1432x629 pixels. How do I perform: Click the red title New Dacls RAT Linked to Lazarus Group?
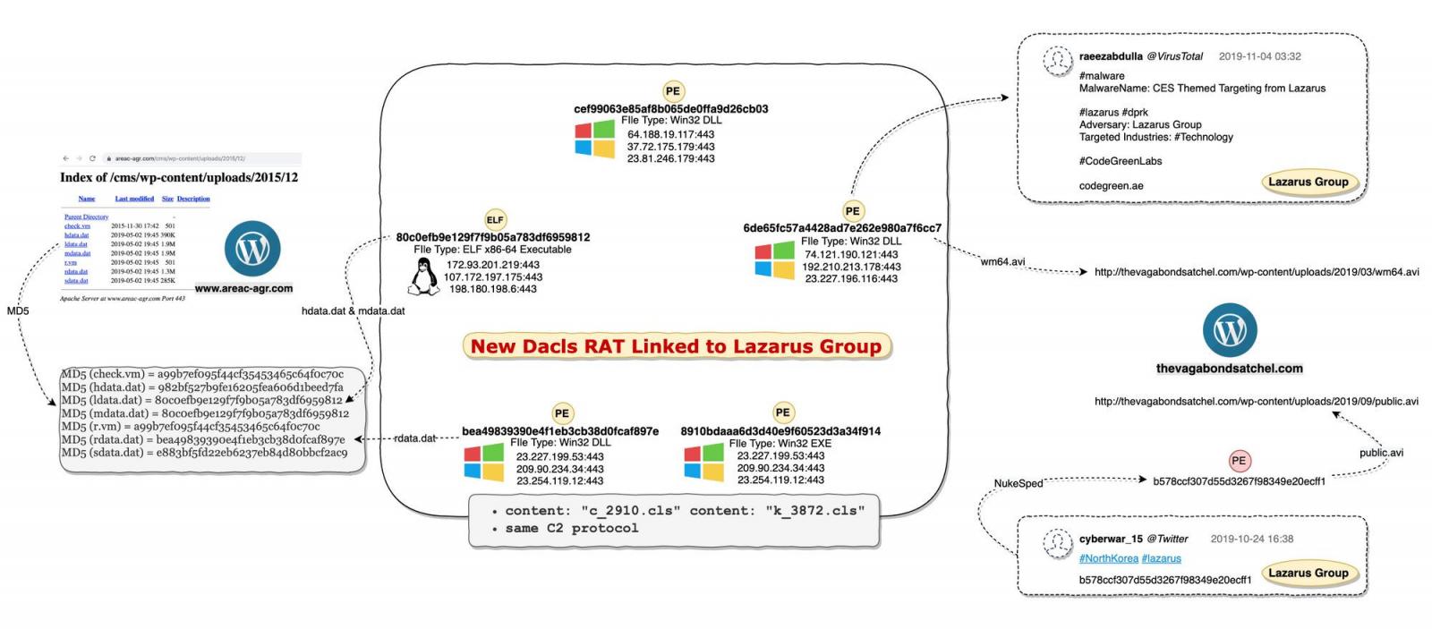(676, 346)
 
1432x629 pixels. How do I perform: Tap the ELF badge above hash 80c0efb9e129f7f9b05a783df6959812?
(495, 220)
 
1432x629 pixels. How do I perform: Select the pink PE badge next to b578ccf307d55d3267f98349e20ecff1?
(1239, 461)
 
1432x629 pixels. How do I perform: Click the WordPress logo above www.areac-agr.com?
(252, 249)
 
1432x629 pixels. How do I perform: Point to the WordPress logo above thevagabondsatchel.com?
(1230, 330)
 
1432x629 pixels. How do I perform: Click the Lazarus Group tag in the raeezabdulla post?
(1308, 182)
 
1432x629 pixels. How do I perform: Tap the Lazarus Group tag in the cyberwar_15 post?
(1308, 573)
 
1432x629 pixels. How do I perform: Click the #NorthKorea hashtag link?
(1108, 558)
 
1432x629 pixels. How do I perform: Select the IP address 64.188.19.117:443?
(670, 134)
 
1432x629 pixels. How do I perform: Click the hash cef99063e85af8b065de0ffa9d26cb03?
(670, 109)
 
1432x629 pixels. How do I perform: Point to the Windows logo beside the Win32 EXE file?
(703, 462)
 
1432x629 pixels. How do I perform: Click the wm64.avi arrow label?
(1002, 262)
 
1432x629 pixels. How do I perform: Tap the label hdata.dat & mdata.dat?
(353, 311)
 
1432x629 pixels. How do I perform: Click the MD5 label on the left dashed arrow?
(18, 311)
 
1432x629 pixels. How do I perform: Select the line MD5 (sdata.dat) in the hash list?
(204, 453)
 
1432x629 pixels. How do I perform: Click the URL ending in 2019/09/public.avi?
(1256, 402)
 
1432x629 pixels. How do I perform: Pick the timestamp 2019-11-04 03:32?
(1259, 56)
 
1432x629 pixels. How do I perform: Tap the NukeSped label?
(1019, 484)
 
